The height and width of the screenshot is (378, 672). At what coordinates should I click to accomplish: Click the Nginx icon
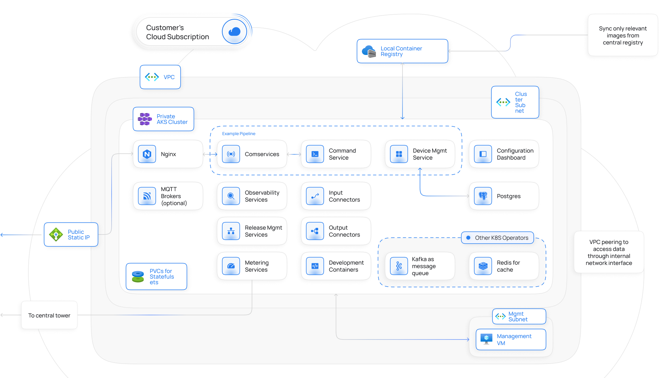coord(147,154)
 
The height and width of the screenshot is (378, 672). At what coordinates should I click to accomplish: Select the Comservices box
coord(252,154)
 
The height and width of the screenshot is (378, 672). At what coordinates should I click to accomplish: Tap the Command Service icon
coord(315,154)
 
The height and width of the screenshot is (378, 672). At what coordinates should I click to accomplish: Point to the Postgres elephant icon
coord(483,196)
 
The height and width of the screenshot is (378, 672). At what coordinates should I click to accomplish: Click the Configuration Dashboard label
coord(515,154)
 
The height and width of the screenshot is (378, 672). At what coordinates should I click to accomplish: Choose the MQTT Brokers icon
coord(147,196)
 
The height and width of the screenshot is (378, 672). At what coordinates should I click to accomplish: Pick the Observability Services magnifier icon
coord(231,196)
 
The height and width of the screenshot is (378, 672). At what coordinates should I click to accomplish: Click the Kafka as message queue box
coord(420,266)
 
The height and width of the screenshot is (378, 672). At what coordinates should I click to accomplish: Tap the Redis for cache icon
coord(483,266)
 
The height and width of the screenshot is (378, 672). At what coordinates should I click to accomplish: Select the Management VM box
coord(511,339)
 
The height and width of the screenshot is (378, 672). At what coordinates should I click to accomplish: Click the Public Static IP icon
coord(56,234)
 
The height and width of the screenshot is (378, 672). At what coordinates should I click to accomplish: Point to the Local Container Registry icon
coord(369,51)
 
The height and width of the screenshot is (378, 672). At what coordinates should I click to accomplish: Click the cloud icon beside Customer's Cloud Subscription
coord(234,32)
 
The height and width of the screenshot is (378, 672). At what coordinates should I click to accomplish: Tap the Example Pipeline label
coord(239,134)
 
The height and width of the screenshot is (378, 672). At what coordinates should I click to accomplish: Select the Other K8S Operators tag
coord(497,238)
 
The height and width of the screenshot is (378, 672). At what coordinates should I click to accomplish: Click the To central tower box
coord(49,315)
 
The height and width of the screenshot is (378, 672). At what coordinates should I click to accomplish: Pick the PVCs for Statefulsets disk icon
coord(138,276)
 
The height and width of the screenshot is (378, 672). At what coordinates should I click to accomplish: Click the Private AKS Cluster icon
coord(145,119)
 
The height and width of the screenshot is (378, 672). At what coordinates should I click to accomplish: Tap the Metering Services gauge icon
coord(231,266)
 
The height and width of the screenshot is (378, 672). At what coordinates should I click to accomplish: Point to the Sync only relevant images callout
coord(623,35)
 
